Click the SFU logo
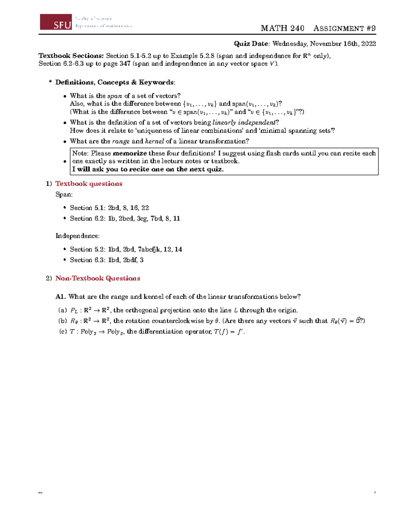click(56, 22)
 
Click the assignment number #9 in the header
click(371, 28)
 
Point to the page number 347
click(125, 64)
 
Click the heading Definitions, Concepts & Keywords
click(115, 82)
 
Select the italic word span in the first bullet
click(114, 96)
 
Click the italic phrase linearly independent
click(244, 122)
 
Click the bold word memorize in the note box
click(130, 153)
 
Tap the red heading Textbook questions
click(89, 184)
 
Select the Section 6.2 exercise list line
click(125, 218)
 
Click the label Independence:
click(78, 236)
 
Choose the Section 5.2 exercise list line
click(126, 249)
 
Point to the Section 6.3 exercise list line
click(107, 260)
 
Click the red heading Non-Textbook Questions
click(98, 278)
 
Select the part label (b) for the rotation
click(63, 321)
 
